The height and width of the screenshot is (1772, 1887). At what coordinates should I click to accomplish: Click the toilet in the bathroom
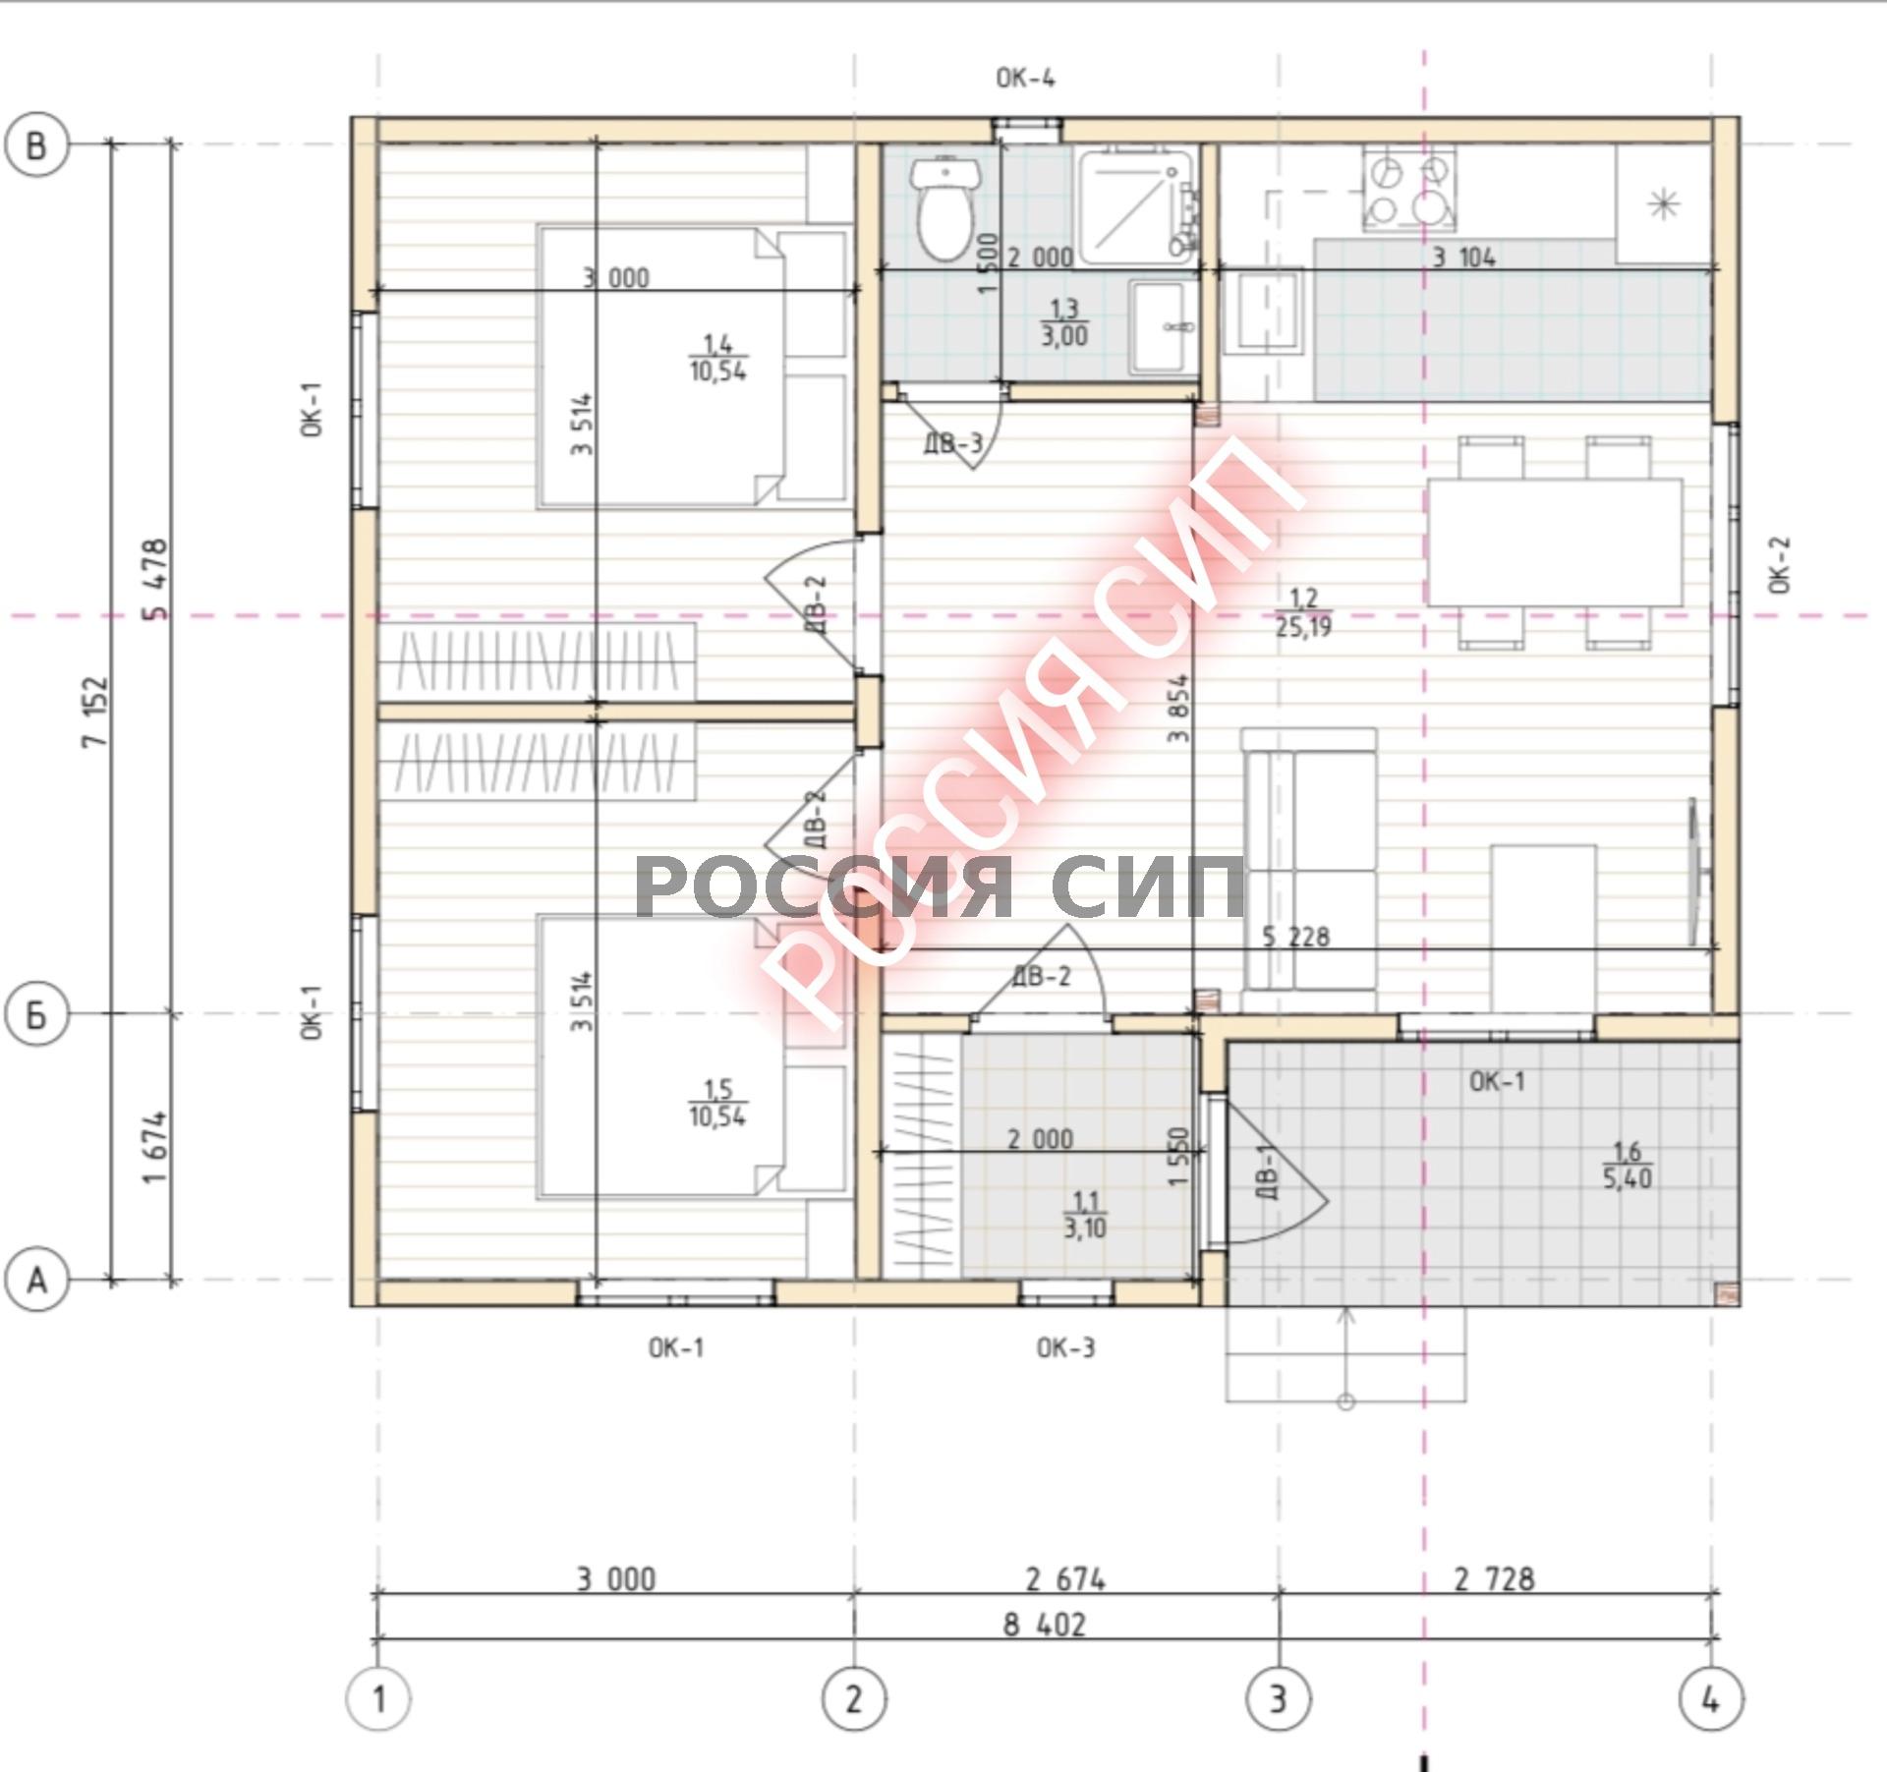(944, 207)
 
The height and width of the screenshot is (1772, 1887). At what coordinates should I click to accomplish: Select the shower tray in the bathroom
(1137, 205)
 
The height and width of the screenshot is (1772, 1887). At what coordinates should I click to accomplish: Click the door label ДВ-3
(952, 443)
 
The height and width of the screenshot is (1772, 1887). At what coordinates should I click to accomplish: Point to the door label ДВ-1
(1267, 1171)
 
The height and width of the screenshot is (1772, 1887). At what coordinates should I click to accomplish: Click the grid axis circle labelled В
(37, 145)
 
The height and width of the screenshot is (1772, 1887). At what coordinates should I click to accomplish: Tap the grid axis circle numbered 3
(1279, 1697)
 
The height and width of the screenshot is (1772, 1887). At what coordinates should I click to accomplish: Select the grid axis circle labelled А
(37, 1280)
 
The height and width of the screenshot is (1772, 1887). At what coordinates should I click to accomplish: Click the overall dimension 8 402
(1044, 1625)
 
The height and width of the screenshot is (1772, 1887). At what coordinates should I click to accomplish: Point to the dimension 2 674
(1065, 1579)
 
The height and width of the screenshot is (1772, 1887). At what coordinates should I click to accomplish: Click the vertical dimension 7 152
(96, 712)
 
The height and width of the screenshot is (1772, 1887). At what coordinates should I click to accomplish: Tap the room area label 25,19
(1303, 626)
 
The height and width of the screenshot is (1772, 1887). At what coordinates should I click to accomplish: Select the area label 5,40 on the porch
(1628, 1177)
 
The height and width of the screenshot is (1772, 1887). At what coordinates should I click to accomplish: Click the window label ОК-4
(1025, 78)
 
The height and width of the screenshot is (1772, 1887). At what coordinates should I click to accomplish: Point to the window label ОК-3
(1065, 1347)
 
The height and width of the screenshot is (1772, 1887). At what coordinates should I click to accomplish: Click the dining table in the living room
(1555, 542)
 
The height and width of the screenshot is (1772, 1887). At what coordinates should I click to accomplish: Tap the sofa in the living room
(1308, 871)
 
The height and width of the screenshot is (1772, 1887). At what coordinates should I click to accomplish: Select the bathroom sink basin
(1164, 326)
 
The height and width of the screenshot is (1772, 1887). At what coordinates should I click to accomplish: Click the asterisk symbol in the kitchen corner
(1663, 204)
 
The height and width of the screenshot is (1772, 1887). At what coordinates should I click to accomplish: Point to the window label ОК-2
(1780, 565)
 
